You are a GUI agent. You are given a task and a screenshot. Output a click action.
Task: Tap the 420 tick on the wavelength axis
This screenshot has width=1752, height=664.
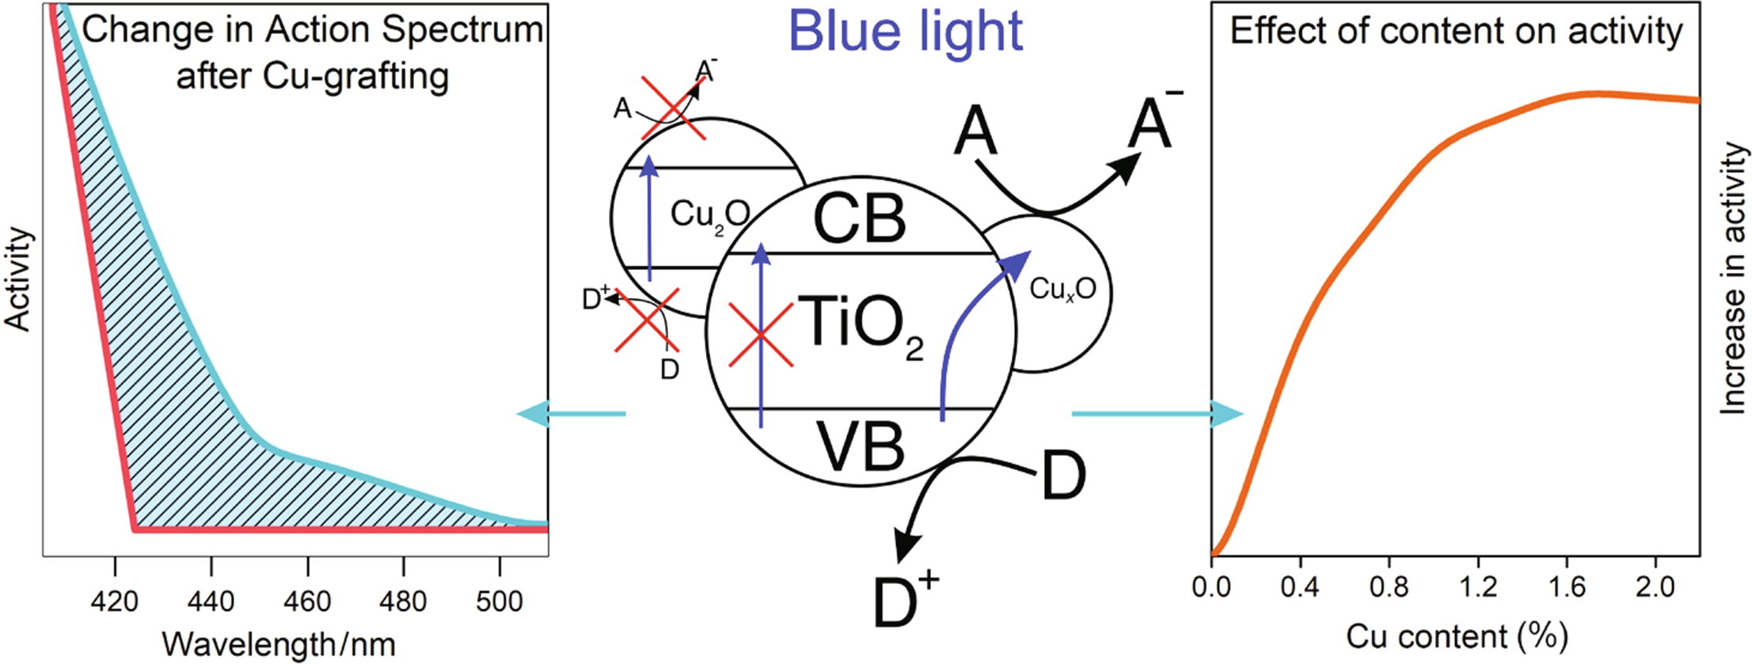point(116,601)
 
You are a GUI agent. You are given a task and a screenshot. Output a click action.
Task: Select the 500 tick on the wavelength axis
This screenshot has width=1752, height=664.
point(500,601)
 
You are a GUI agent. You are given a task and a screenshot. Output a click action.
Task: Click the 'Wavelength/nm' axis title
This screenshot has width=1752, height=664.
point(278,643)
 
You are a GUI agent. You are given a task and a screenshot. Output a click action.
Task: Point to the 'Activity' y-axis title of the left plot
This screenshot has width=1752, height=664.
point(17,279)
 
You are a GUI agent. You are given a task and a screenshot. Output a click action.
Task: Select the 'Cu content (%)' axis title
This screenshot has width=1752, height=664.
point(1457,636)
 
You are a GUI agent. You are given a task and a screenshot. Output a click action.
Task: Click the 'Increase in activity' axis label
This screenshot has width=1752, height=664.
point(1734,279)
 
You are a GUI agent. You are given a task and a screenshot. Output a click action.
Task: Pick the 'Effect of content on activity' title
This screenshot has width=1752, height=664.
point(1456,32)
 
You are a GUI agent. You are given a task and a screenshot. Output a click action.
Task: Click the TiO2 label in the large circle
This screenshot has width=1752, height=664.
point(859,324)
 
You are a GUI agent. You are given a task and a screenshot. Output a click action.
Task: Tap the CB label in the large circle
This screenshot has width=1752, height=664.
point(859,219)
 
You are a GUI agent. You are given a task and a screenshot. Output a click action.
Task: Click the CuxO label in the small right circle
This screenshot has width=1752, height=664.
point(1062,290)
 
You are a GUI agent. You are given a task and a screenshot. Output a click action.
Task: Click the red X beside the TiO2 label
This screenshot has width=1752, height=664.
point(760,336)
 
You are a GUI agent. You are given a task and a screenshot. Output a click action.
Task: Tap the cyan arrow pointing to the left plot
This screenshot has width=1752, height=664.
point(570,413)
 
